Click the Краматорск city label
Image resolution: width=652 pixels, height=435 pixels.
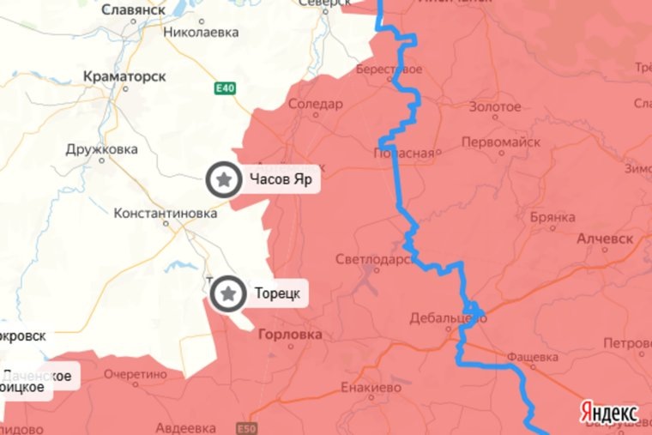coord(125,76)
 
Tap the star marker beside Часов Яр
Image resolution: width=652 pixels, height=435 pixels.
coord(224,180)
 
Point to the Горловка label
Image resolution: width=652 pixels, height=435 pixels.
coord(290,335)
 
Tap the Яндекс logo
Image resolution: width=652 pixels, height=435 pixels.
coord(609,409)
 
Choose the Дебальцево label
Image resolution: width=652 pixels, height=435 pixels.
coord(447,317)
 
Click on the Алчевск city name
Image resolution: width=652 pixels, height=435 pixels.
coord(605,238)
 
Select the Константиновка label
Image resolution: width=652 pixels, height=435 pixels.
coord(166,214)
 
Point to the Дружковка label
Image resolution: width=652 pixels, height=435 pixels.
coord(101,149)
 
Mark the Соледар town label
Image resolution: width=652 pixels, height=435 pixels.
coord(315,105)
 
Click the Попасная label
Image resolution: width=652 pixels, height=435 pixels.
coord(404,153)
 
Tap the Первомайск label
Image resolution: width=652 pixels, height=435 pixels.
coord(500,142)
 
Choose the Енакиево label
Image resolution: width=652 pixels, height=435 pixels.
coord(371,387)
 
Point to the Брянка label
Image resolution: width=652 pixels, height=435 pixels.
coord(552,217)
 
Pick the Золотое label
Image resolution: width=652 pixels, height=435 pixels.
coord(495,106)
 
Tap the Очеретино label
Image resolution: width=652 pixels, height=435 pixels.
coord(136,374)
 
